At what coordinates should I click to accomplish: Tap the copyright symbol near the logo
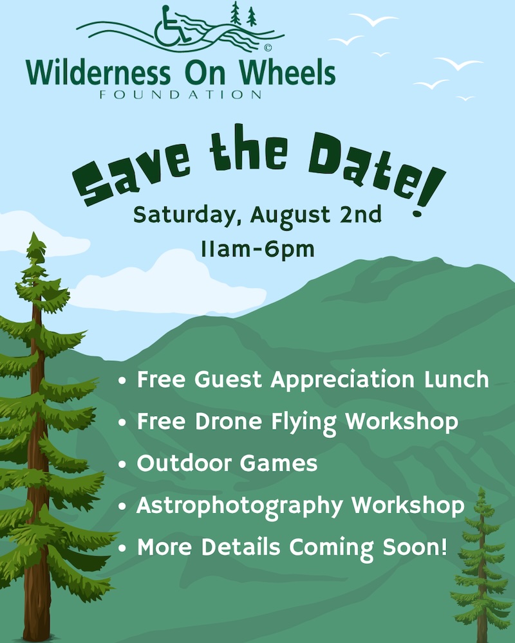[x=268, y=48]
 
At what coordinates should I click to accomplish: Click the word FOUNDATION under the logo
[x=181, y=95]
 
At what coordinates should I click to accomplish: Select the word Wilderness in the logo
[x=98, y=73]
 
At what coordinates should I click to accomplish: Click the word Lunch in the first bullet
[x=456, y=379]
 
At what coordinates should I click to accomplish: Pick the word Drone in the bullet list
[x=229, y=422]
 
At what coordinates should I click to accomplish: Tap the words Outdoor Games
[x=227, y=464]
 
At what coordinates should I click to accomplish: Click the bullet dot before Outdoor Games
[x=122, y=465]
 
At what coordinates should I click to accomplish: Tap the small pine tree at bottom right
[x=482, y=566]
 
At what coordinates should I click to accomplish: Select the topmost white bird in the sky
[x=374, y=19]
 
